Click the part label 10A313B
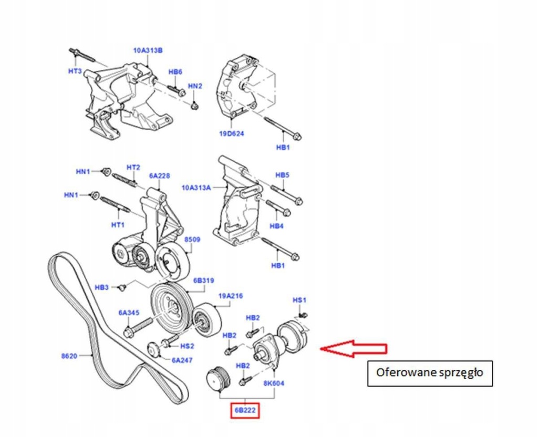click(x=148, y=50)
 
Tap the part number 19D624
click(x=232, y=133)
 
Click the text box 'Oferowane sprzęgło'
click(x=429, y=373)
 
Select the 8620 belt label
click(x=69, y=356)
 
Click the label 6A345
click(x=128, y=313)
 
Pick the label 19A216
click(x=231, y=296)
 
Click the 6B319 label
click(x=203, y=281)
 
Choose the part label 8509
click(x=192, y=240)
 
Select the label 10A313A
click(x=195, y=187)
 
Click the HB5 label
click(x=283, y=175)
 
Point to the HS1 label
click(x=299, y=300)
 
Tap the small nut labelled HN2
click(x=194, y=107)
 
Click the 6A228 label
click(x=159, y=176)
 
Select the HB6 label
click(x=175, y=72)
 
